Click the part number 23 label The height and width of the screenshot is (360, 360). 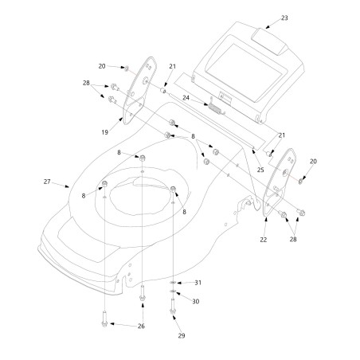tap(284, 18)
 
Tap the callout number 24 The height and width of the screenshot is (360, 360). tap(186, 98)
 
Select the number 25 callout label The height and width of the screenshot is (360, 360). tap(260, 170)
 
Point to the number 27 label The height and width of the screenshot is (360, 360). tap(47, 182)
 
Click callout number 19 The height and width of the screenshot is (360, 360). tap(105, 132)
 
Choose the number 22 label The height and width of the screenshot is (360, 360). tap(263, 240)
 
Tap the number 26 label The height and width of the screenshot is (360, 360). tap(141, 327)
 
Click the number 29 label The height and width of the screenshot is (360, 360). tap(182, 336)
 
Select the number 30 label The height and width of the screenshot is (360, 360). tap(196, 302)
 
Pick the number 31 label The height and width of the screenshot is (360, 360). tap(198, 283)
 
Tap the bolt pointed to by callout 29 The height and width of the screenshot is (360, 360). tap(173, 307)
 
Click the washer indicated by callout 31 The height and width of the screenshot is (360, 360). tap(173, 283)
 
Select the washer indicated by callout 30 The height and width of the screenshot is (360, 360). tap(173, 292)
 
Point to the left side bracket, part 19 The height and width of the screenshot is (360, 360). tap(139, 90)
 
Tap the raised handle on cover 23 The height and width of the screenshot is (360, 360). tap(269, 41)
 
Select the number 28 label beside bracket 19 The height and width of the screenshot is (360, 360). tap(86, 83)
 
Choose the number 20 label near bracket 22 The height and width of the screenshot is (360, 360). tap(313, 162)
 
